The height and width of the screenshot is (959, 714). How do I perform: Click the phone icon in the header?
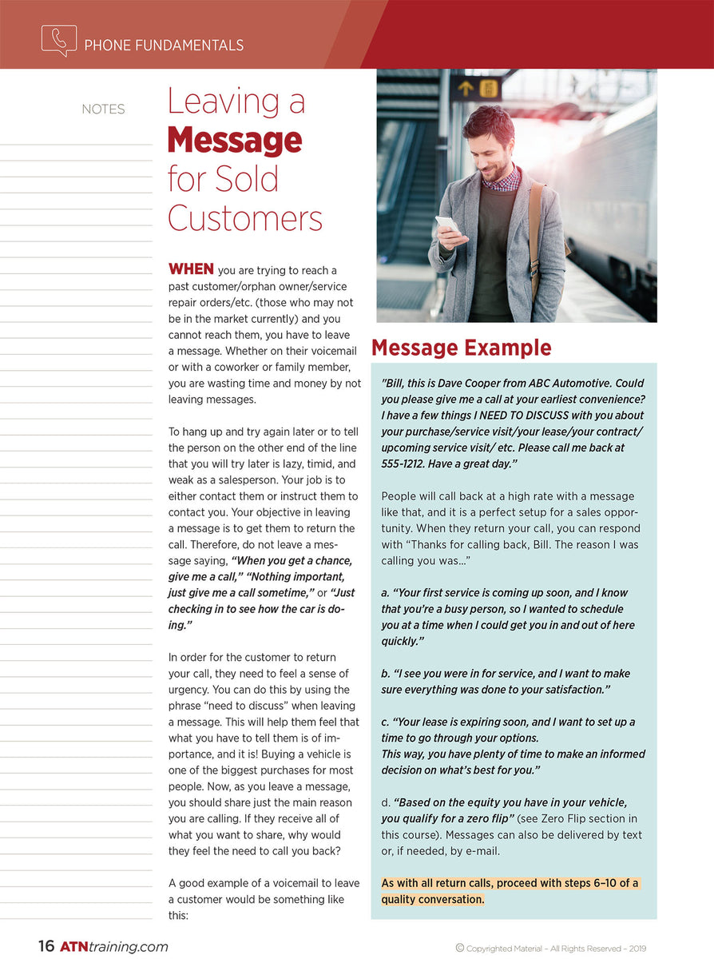tap(58, 41)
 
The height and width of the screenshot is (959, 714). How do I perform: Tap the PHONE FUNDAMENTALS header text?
tap(164, 46)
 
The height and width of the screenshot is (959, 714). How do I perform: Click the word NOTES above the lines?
tap(103, 109)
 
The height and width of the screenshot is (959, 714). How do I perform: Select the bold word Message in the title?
tap(234, 141)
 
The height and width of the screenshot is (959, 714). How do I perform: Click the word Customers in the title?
tap(245, 217)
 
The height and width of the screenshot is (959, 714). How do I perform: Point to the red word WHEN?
tap(190, 269)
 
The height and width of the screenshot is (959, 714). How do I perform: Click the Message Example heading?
tap(461, 348)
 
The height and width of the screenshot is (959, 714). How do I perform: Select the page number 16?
tap(46, 946)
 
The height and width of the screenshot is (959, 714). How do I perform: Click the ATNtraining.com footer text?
tap(113, 946)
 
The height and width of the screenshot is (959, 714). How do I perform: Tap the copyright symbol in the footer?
tap(460, 948)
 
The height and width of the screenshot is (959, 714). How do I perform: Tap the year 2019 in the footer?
tap(637, 949)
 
